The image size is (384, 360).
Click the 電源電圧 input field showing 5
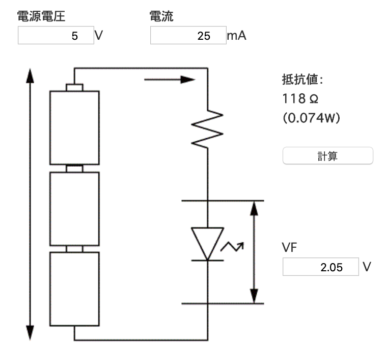point(56,36)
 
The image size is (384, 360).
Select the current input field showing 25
point(188,36)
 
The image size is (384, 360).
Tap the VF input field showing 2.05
point(320,267)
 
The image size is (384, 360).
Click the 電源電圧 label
point(41,16)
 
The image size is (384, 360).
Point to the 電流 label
point(162,16)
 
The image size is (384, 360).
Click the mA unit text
point(237,36)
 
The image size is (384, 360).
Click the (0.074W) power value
point(311,118)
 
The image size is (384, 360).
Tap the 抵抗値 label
point(302,80)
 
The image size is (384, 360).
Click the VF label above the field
point(290,248)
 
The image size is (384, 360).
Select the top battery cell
point(74,127)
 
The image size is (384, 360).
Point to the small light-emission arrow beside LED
point(232,247)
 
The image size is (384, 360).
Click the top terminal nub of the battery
point(74,87)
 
